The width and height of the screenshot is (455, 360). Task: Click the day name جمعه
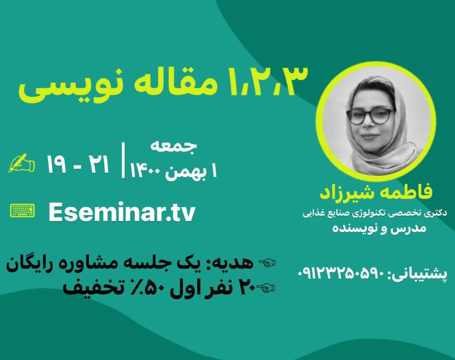[x=173, y=146]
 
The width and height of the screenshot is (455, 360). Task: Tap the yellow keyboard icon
[x=22, y=211]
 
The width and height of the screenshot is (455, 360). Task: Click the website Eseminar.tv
[x=122, y=212]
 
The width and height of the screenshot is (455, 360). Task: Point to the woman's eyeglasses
[x=370, y=116]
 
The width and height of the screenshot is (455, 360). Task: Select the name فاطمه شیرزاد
[x=376, y=192]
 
